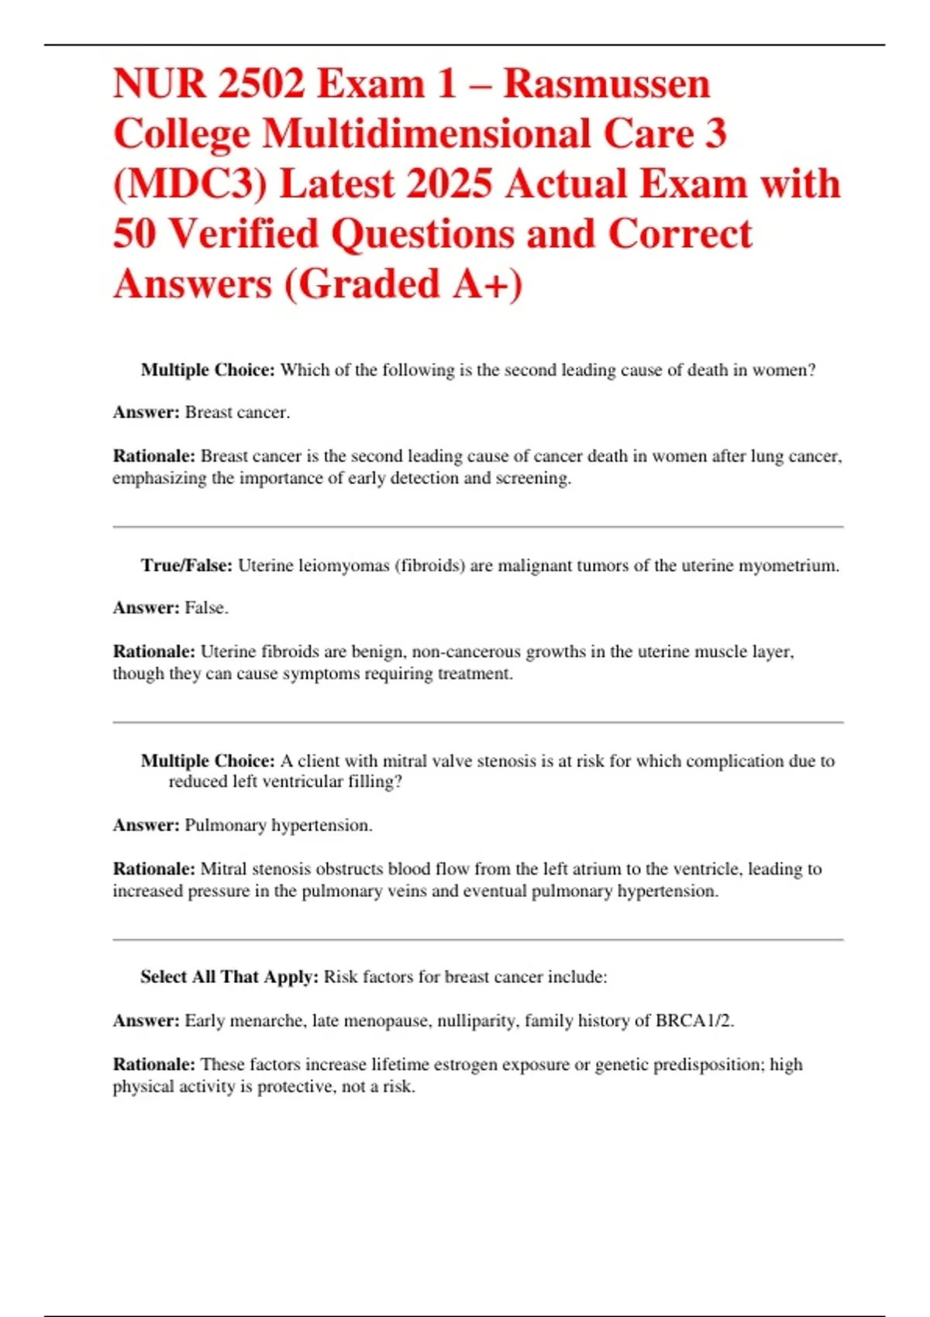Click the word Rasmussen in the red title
[x=607, y=84]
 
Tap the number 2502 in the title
[x=261, y=84]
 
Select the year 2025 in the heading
[x=449, y=184]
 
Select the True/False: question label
[x=186, y=566]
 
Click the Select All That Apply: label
[x=229, y=977]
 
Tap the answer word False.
[x=206, y=608]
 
